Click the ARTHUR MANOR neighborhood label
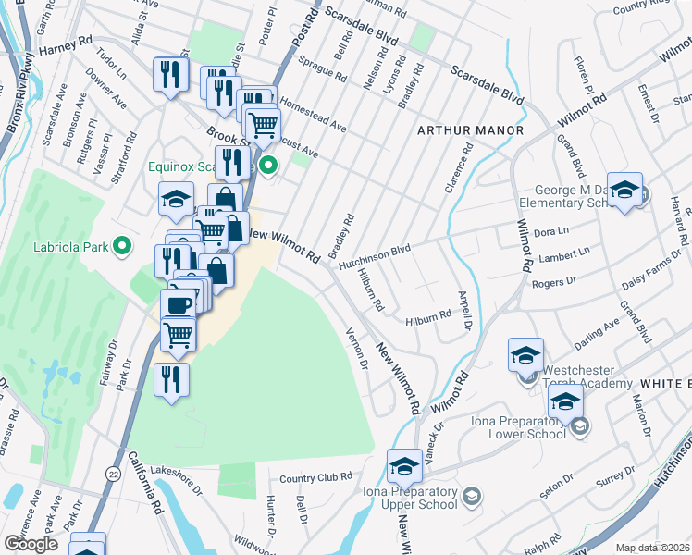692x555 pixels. point(470,130)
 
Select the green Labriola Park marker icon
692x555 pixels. point(119,246)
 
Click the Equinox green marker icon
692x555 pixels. point(268,166)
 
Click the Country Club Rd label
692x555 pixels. point(316,477)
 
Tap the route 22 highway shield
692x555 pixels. point(114,472)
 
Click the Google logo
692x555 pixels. point(31,544)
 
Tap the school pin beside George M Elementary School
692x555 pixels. point(624,190)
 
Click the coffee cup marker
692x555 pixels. point(178,303)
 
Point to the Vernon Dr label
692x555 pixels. point(357,349)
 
